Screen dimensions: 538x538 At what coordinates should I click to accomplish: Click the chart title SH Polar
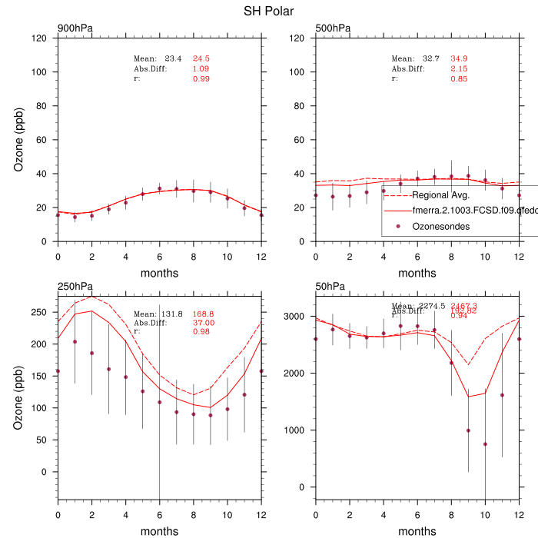pyautogui.click(x=268, y=11)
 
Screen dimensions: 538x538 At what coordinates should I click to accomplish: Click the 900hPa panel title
pyautogui.click(x=75, y=28)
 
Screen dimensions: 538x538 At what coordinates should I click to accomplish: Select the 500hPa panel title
pyautogui.click(x=333, y=28)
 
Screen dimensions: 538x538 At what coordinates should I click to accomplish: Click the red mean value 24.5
pyautogui.click(x=201, y=58)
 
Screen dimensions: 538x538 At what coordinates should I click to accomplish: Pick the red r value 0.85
pyautogui.click(x=459, y=78)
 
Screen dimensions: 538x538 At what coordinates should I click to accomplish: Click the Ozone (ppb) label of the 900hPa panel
pyautogui.click(x=19, y=140)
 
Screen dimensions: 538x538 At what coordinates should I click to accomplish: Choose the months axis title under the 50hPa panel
pyautogui.click(x=417, y=531)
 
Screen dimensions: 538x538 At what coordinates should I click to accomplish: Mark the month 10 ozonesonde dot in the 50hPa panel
pyautogui.click(x=485, y=444)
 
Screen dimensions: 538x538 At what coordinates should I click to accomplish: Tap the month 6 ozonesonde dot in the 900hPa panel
pyautogui.click(x=159, y=188)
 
